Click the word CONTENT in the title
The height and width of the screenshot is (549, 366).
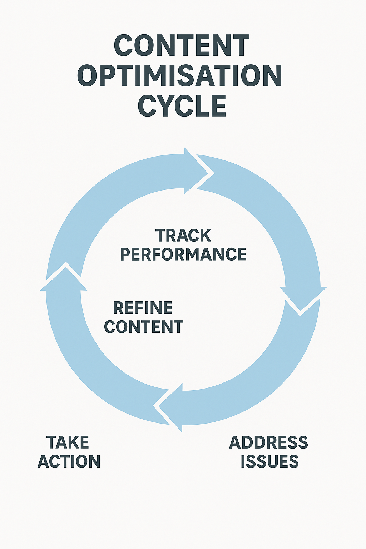point(181,45)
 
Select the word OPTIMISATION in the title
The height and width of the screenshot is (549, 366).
point(180,76)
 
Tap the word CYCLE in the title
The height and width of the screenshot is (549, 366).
point(182,106)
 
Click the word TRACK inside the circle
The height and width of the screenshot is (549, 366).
point(183,236)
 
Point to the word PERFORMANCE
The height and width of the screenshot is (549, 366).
point(183,254)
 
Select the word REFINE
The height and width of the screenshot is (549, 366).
point(143,308)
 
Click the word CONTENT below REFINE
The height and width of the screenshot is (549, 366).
point(144,327)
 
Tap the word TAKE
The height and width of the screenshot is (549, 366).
point(68,442)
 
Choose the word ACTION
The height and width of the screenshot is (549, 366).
point(69,461)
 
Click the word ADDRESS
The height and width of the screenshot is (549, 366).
point(268,443)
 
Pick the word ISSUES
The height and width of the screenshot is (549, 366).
point(269,462)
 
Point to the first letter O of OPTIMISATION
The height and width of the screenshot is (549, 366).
point(88,76)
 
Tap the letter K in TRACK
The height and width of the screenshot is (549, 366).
point(205,236)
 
